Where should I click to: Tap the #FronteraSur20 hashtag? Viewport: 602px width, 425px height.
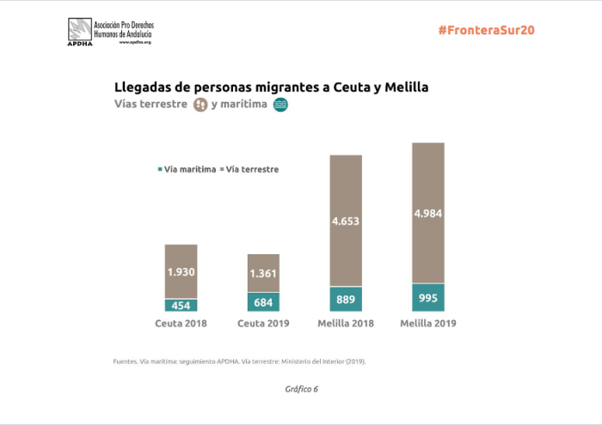point(486,29)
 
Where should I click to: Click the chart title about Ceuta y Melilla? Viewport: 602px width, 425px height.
point(271,88)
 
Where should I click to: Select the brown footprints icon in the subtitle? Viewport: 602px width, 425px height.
point(200,105)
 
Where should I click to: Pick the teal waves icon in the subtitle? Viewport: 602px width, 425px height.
point(279,105)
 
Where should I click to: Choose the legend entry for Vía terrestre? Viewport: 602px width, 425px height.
point(249,169)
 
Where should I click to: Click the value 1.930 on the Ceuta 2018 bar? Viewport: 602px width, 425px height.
point(181,271)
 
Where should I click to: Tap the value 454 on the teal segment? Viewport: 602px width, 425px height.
point(181,306)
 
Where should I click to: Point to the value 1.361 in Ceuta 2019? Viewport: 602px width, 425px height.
point(263,274)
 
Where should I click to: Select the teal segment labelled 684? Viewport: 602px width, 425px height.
point(263,302)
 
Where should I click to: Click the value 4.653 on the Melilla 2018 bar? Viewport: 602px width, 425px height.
point(346,221)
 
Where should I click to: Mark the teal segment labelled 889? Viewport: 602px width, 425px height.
point(346,299)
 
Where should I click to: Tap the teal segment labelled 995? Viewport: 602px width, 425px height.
point(428,296)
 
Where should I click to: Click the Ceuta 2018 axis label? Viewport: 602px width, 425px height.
point(181,325)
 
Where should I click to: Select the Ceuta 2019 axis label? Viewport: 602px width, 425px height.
point(263,325)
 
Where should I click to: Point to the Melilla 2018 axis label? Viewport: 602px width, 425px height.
point(346,325)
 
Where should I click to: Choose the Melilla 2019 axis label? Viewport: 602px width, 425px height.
point(428,325)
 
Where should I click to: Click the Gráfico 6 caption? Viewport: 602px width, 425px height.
point(301,389)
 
